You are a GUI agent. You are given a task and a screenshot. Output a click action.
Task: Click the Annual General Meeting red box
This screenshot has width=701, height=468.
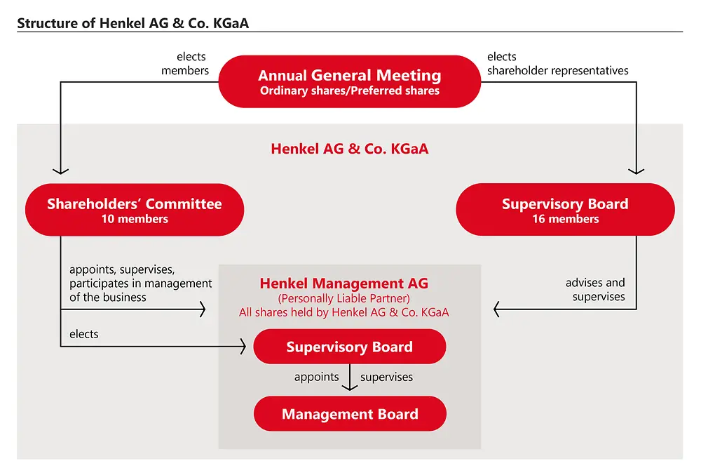349,81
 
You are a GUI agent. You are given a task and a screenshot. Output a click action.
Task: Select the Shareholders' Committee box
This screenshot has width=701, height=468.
134,210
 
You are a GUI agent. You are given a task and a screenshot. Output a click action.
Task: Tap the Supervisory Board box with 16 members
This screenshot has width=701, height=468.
565,210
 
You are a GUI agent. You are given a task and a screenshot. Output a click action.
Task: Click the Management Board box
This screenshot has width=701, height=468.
349,414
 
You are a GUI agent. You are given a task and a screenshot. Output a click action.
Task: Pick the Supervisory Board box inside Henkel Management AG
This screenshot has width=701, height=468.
349,347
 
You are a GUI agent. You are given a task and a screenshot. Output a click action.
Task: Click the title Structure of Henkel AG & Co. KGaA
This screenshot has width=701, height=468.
132,23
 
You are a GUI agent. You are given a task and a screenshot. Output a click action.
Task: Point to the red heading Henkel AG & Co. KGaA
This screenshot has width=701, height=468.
349,149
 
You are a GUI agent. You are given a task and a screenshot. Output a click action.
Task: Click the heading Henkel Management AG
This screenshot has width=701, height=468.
343,283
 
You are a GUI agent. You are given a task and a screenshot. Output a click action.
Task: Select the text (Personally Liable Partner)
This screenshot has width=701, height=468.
343,299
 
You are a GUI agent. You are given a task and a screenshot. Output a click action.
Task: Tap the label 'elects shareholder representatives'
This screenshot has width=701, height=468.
557,63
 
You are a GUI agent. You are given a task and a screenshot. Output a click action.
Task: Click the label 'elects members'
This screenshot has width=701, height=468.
185,63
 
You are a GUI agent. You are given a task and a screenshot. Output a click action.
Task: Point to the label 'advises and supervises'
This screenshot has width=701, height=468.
595,290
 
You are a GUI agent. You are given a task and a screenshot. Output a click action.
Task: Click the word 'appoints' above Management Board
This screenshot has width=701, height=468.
316,377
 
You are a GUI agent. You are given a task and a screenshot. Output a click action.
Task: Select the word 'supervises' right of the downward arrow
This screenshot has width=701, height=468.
386,377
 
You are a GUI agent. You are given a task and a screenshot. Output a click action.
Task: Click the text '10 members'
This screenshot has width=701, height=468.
134,219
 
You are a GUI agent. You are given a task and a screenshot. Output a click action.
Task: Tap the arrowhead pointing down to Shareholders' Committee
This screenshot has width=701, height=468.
61,170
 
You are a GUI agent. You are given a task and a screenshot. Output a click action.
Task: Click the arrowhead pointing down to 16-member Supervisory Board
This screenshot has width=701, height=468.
637,170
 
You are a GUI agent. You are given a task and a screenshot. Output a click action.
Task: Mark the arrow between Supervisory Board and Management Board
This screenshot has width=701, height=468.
349,379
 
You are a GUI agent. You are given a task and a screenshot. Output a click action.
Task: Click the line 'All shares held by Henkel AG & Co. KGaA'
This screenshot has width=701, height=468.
343,312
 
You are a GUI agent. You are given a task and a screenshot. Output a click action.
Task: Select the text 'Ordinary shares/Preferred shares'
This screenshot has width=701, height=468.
349,91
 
